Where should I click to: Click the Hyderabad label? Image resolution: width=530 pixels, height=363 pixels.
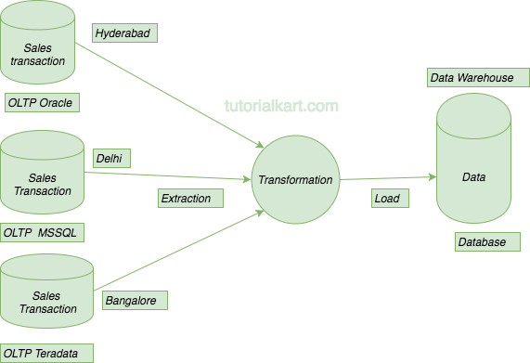click(x=124, y=33)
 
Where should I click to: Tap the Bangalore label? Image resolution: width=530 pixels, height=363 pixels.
click(x=136, y=300)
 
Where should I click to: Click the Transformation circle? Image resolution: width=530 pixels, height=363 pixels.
click(x=294, y=180)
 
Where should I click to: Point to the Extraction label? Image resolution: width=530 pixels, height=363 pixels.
click(x=186, y=198)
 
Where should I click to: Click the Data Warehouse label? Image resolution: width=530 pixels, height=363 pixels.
click(x=472, y=78)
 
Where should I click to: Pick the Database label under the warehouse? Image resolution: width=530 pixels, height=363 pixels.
click(x=482, y=242)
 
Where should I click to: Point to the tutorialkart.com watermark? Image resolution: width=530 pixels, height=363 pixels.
click(x=281, y=106)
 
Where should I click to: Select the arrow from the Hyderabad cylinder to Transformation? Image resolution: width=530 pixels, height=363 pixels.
click(x=176, y=97)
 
